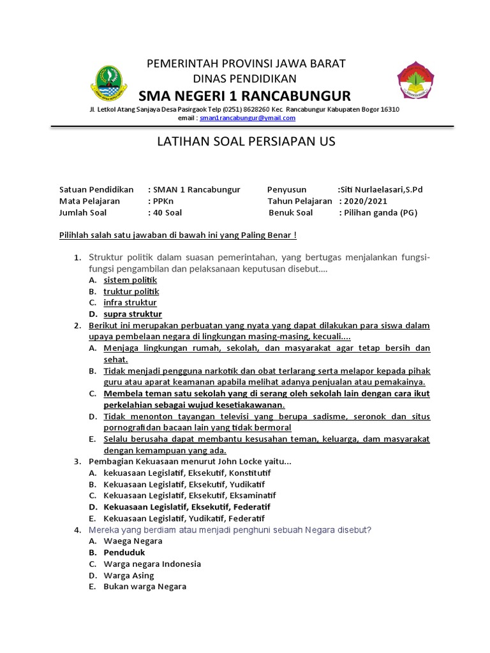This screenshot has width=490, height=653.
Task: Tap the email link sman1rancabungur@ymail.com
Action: click(247, 118)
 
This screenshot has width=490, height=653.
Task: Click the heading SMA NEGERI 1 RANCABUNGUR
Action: click(244, 96)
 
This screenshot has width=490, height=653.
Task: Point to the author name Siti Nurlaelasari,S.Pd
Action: click(380, 189)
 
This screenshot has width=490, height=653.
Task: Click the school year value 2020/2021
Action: click(363, 201)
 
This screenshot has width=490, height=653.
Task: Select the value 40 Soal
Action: click(167, 213)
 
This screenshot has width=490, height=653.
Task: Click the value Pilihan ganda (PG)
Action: click(381, 213)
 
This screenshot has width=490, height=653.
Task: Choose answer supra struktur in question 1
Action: click(133, 314)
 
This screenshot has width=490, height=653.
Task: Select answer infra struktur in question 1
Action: click(130, 303)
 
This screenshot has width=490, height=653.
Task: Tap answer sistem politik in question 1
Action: click(130, 280)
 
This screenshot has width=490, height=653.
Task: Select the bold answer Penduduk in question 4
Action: click(124, 553)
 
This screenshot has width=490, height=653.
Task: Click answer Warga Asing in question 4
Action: click(129, 576)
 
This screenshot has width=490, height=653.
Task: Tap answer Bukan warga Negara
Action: click(145, 587)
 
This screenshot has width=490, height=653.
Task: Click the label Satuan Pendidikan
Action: click(96, 189)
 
